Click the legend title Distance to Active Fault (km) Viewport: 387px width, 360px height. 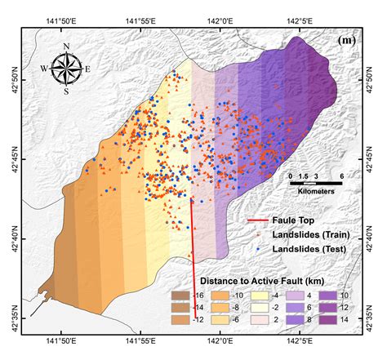coord(268,268)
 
